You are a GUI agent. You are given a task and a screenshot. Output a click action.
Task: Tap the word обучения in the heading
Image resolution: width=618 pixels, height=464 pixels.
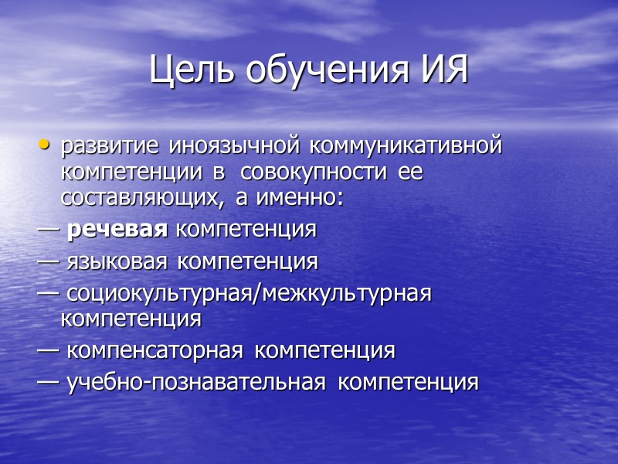point(323,72)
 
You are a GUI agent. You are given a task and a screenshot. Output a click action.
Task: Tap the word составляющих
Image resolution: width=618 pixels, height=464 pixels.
point(137,199)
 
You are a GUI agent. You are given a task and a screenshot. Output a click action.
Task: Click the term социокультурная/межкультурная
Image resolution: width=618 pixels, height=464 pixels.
point(248,294)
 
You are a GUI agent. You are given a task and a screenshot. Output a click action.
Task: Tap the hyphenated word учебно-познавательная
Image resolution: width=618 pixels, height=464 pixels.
point(196,382)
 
